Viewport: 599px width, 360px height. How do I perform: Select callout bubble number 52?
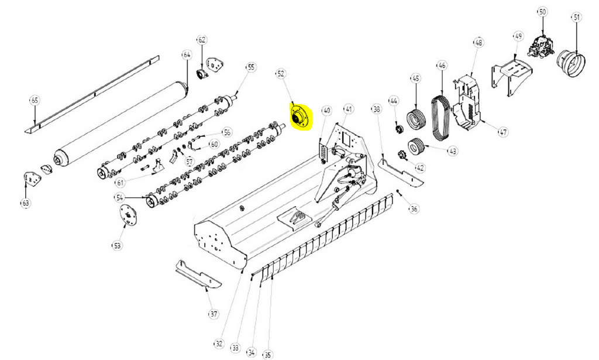[x=281, y=74]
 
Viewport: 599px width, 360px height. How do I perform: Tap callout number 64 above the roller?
[x=187, y=55]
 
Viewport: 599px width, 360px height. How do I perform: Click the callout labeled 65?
[x=34, y=101]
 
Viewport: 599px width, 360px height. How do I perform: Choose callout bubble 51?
[x=577, y=18]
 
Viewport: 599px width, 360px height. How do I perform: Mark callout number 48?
[x=478, y=42]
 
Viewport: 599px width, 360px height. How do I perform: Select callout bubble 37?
[x=214, y=314]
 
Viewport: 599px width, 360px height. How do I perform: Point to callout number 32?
[x=219, y=343]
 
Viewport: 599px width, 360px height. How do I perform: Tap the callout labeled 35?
[x=267, y=355]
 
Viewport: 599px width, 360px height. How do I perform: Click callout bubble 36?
[x=414, y=208]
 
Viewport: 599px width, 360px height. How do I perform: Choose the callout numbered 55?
[x=252, y=67]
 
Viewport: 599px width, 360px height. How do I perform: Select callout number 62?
[x=202, y=40]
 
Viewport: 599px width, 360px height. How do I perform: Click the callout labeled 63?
[x=26, y=203]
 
